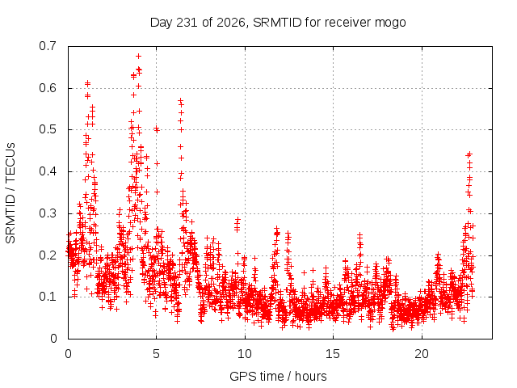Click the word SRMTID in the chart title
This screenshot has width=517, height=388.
pos(277,23)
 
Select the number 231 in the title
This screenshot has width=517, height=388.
pos(187,23)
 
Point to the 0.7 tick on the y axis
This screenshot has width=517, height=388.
pos(48,46)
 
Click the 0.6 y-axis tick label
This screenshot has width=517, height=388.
pos(48,88)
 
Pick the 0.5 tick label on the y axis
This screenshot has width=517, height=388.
pos(48,129)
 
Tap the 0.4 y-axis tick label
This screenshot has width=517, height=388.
pos(48,171)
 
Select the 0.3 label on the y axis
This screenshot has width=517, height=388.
pos(48,213)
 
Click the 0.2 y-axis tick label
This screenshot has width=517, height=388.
pos(48,255)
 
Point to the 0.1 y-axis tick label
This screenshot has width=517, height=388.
pos(48,297)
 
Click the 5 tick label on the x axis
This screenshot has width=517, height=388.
pos(156,354)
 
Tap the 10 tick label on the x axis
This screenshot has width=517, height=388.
pos(245,354)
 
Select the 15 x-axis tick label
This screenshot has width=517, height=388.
pos(333,354)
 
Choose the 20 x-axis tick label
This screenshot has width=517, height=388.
pos(422,354)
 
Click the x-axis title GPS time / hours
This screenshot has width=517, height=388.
pos(278,377)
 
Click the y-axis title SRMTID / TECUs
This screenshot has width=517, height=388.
pos(11,192)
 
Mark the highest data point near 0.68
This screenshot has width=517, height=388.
pos(138,57)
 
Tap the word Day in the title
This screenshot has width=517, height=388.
pos(162,23)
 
